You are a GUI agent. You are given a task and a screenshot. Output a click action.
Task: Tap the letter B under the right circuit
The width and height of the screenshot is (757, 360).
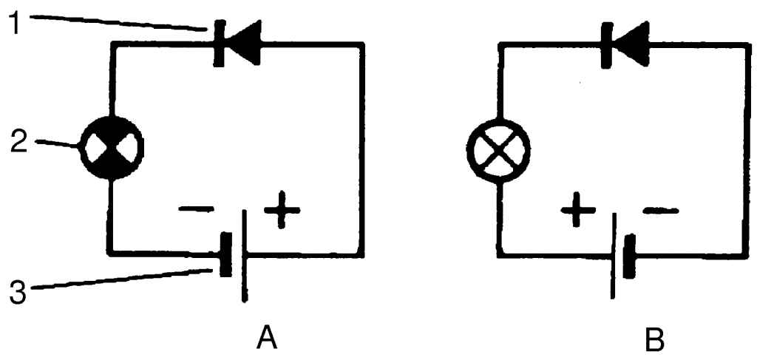[x=654, y=340]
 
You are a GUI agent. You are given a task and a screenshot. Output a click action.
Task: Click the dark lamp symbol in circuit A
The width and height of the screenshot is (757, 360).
[x=112, y=149]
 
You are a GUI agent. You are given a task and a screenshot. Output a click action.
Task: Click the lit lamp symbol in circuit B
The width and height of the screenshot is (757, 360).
[x=500, y=149]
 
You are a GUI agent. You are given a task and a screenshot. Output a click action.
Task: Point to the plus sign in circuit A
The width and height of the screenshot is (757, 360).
[x=282, y=210]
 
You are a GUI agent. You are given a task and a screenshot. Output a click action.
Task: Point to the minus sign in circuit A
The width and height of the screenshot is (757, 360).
[x=194, y=210]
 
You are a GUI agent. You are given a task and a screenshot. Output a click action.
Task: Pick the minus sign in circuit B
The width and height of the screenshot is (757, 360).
[x=661, y=212]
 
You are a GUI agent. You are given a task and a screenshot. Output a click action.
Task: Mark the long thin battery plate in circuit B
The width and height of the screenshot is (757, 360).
[x=612, y=256]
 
